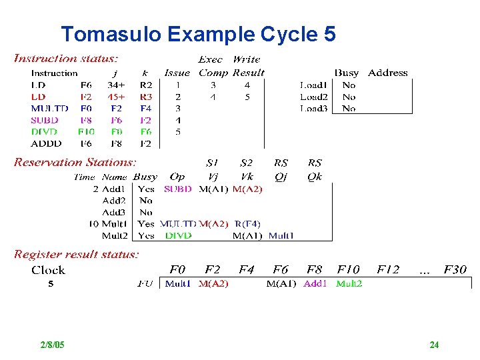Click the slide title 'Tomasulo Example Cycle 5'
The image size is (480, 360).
click(x=198, y=34)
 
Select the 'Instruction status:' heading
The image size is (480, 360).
click(x=67, y=59)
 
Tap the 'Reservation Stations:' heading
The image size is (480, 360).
click(x=75, y=162)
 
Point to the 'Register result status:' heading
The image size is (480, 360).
click(x=77, y=254)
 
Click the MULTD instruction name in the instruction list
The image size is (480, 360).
click(x=49, y=108)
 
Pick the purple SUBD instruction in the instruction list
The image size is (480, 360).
click(x=45, y=120)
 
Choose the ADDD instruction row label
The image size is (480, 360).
click(x=46, y=143)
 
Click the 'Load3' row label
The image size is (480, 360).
click(x=313, y=108)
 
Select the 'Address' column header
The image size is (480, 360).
click(x=387, y=73)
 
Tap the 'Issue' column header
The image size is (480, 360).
click(x=177, y=73)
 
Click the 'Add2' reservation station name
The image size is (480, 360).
click(x=114, y=200)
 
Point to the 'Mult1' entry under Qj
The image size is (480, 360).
click(x=281, y=235)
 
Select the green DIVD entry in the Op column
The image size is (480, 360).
click(x=178, y=235)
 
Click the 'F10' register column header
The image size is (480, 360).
click(x=347, y=270)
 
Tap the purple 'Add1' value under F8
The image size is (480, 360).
click(x=315, y=283)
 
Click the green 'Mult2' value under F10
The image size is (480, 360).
click(x=349, y=283)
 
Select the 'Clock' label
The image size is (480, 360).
click(x=48, y=270)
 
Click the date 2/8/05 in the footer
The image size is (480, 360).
click(x=52, y=345)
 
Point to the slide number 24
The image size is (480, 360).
click(x=434, y=345)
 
